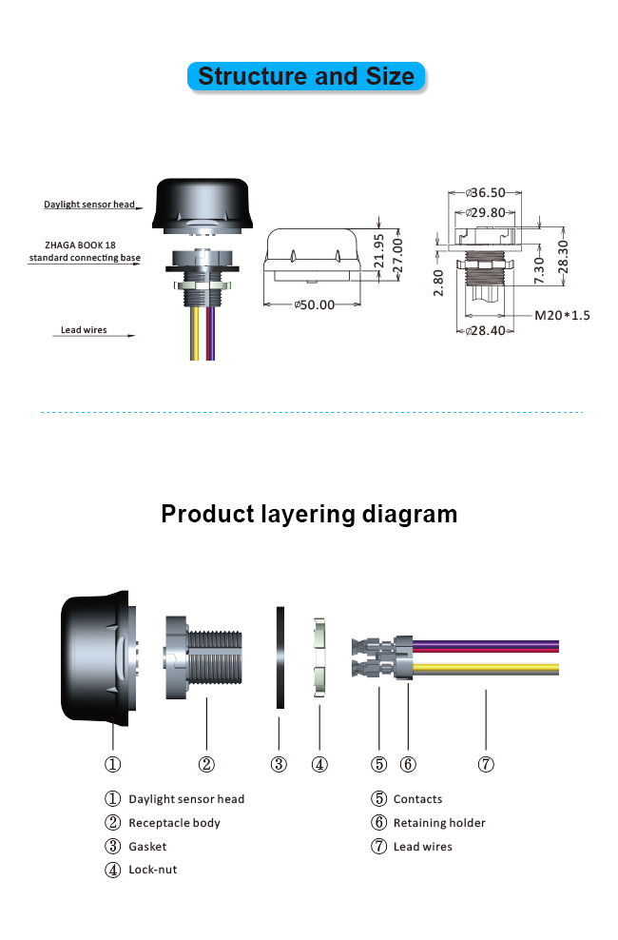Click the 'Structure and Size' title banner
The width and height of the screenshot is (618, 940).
(306, 77)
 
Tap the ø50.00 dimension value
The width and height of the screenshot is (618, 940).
(315, 304)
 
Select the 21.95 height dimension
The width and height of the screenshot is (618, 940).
(379, 250)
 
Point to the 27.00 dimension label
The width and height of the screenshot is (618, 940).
(397, 256)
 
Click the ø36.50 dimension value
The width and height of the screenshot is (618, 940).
(486, 192)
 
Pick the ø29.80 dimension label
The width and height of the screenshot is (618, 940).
(486, 212)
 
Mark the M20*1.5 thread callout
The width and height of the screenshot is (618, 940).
(562, 315)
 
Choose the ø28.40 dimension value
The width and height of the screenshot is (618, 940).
(486, 330)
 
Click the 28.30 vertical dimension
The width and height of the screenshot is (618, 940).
(563, 257)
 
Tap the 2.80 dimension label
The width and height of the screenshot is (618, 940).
(438, 283)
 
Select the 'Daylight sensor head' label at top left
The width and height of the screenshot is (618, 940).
(89, 205)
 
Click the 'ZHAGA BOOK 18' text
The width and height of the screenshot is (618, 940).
(80, 245)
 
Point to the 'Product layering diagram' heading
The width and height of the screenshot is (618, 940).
(309, 515)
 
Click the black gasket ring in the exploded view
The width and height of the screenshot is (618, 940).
(280, 657)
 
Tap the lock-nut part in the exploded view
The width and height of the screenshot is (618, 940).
(319, 657)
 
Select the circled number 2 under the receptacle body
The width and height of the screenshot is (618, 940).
(206, 764)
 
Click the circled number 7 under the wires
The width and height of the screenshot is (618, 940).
(486, 764)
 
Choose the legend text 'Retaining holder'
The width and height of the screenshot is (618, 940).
(439, 823)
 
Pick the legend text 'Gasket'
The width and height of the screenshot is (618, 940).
(148, 847)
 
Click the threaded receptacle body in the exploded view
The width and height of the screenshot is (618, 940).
(203, 657)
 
